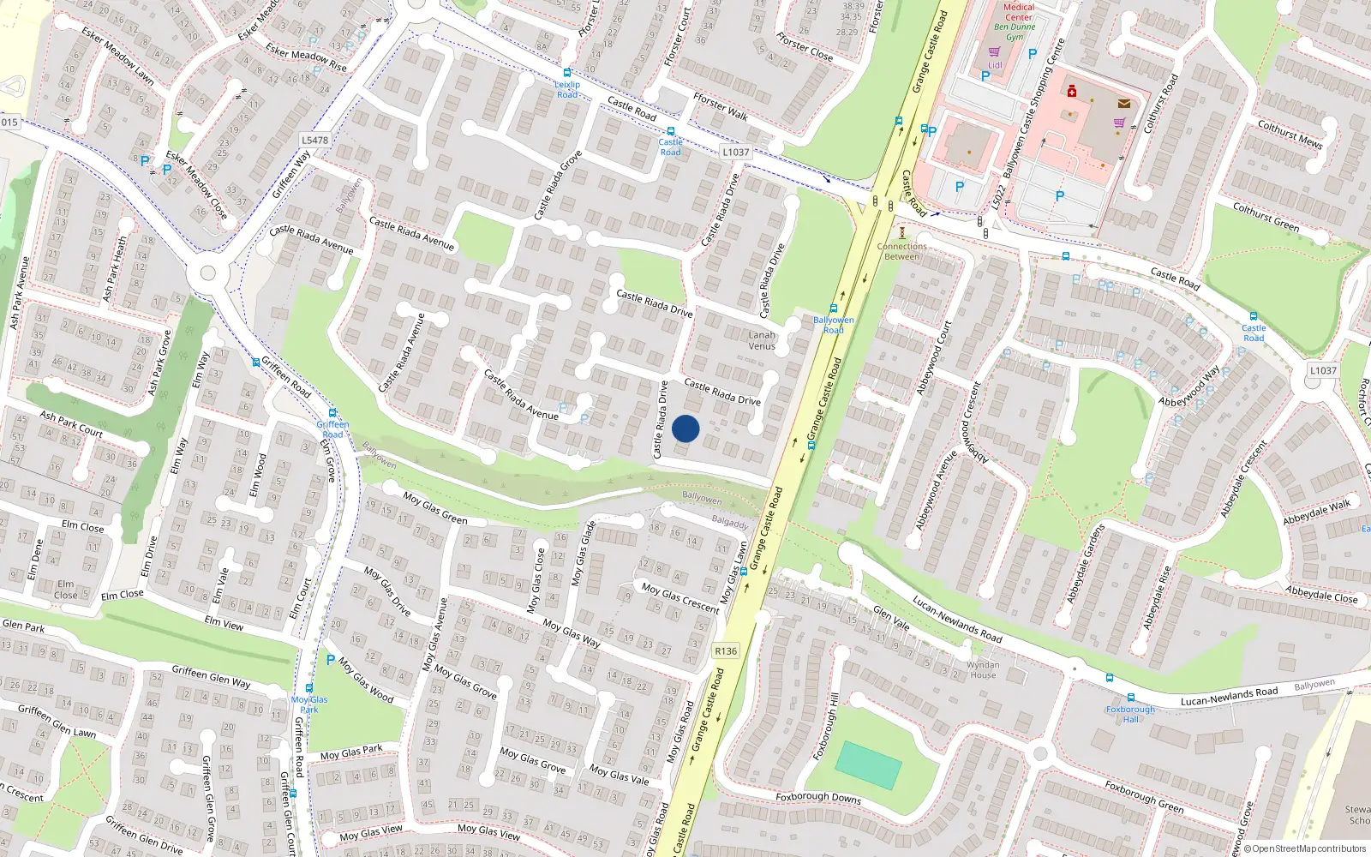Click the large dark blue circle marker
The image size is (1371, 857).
point(685,428)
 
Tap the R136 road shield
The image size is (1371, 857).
point(726,651)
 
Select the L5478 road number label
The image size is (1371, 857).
point(314,140)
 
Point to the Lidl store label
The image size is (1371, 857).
point(995,65)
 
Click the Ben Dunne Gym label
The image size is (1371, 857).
point(1015,32)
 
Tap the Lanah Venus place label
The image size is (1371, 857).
point(762,340)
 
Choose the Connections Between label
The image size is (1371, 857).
point(901,251)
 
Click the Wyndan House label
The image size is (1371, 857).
point(983,669)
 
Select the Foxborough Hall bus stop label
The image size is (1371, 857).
point(1130,714)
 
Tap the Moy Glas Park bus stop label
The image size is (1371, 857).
point(309,704)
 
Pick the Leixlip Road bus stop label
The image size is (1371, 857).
point(567,89)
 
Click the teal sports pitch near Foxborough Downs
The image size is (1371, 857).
point(868,764)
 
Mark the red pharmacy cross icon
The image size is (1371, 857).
point(1071,91)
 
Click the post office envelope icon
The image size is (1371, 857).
point(1123,104)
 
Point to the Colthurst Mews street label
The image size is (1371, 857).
point(1290,135)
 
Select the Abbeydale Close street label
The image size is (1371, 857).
point(1321,594)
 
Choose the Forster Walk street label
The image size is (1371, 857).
point(721,106)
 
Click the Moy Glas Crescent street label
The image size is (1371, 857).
point(680,597)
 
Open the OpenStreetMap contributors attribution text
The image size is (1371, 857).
point(1305,849)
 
